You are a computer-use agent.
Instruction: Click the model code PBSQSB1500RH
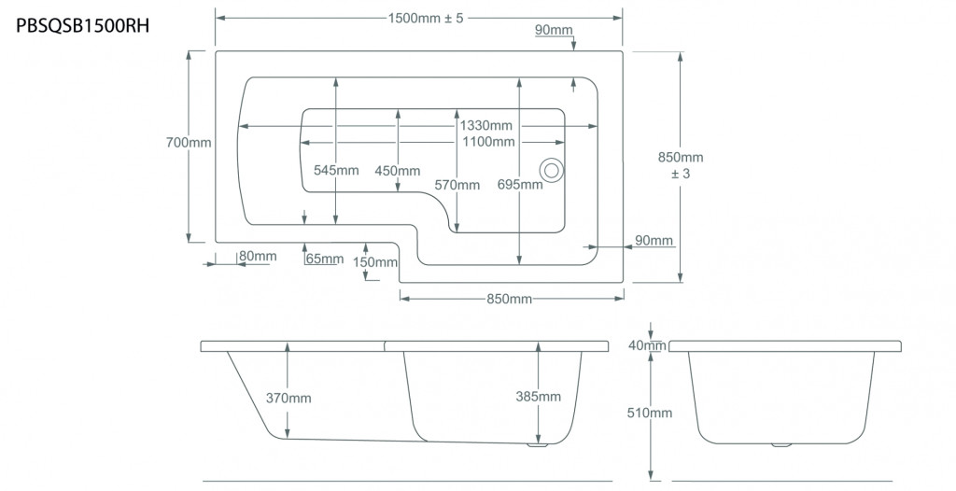[x=83, y=26]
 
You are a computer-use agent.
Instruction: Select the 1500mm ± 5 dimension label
[x=426, y=18]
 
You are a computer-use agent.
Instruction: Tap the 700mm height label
[x=189, y=143]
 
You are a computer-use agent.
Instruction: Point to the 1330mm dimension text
[x=485, y=126]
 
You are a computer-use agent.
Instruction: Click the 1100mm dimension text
[x=488, y=142]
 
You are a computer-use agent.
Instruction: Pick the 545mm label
[x=336, y=170]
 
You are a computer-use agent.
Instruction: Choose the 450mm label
[x=398, y=171]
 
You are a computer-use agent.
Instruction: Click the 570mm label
[x=457, y=185]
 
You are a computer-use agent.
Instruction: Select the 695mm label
[x=519, y=184]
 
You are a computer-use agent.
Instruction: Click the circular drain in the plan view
[x=551, y=170]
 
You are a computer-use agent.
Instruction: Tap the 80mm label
[x=258, y=256]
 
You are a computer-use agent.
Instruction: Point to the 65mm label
[x=325, y=259]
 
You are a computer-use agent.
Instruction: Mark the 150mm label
[x=375, y=262]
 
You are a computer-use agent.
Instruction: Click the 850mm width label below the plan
[x=509, y=299]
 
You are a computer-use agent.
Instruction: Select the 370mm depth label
[x=288, y=399]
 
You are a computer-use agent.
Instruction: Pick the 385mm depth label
[x=539, y=397]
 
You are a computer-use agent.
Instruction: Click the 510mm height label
[x=650, y=413]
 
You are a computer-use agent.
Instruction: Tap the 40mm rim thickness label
[x=648, y=345]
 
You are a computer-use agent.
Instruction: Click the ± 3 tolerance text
[x=681, y=174]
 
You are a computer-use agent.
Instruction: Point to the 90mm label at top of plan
[x=555, y=29]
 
